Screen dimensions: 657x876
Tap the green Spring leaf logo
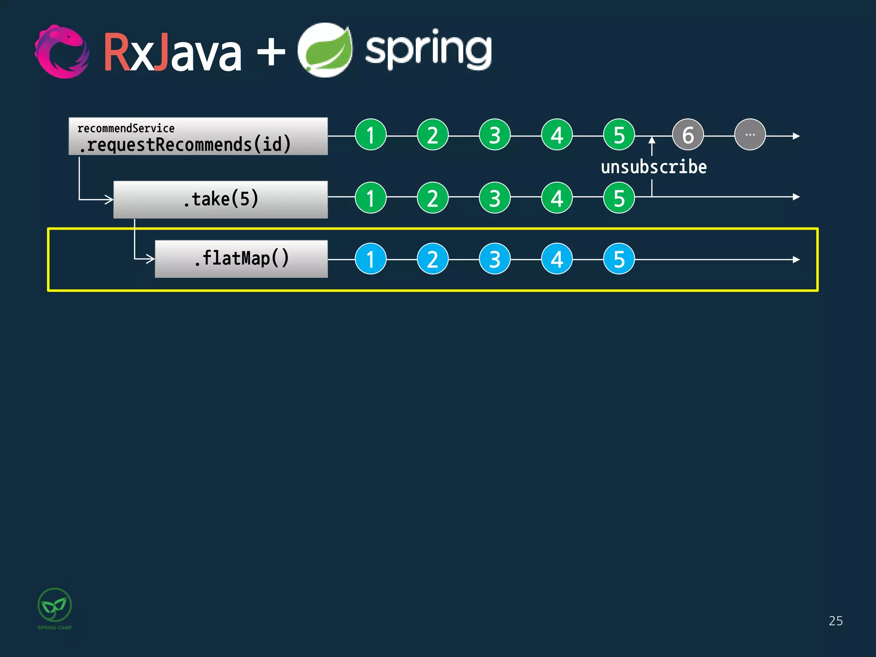click(325, 50)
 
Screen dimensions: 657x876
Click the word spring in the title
click(428, 50)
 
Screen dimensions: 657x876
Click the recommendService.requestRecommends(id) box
click(198, 136)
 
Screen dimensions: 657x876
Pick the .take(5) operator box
click(220, 199)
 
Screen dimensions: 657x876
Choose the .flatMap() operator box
click(241, 259)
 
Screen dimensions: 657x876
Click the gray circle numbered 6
click(688, 135)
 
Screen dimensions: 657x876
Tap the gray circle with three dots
click(750, 135)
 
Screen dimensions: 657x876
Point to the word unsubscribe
click(654, 167)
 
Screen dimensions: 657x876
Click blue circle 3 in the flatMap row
click(495, 259)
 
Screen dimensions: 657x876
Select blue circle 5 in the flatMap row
click(619, 259)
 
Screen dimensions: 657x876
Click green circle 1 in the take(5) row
click(371, 198)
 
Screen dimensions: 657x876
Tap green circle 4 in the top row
click(557, 135)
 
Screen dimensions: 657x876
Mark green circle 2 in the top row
click(433, 135)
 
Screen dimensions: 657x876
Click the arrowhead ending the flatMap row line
click(796, 260)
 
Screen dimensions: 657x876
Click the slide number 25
click(835, 621)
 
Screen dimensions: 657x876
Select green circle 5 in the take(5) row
click(619, 198)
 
